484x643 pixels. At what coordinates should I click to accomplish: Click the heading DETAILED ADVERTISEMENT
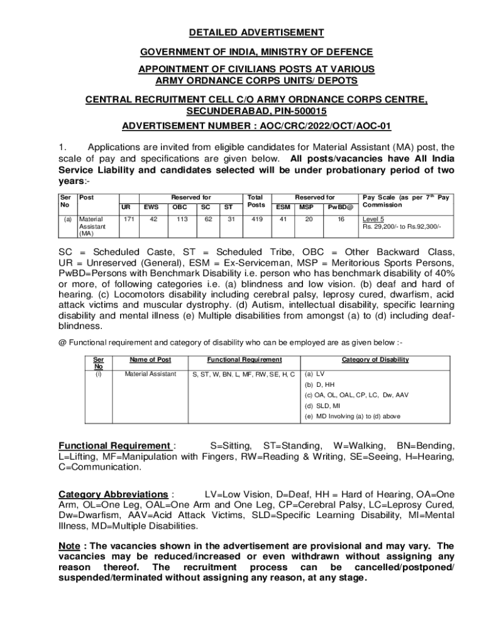(x=258, y=33)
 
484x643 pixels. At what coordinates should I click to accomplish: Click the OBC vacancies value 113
(x=182, y=219)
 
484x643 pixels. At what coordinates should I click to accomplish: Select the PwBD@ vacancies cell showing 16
(x=340, y=219)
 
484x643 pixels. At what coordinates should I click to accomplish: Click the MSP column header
(x=306, y=206)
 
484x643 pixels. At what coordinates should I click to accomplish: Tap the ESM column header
(x=283, y=206)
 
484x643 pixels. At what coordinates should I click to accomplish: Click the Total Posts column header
(x=256, y=201)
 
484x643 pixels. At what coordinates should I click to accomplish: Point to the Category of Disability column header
(x=375, y=360)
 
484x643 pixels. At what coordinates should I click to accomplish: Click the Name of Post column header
(x=150, y=360)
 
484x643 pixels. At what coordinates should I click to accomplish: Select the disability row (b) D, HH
(x=320, y=384)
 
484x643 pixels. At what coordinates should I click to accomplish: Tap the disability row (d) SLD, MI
(x=322, y=406)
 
